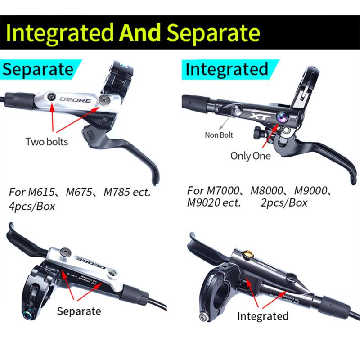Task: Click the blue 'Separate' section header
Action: (x=38, y=69)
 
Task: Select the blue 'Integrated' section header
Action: (x=227, y=69)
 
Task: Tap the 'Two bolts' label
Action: (x=47, y=142)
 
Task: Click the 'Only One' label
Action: (x=251, y=156)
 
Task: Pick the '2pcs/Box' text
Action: (x=284, y=202)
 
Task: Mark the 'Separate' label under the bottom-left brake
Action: (x=79, y=311)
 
